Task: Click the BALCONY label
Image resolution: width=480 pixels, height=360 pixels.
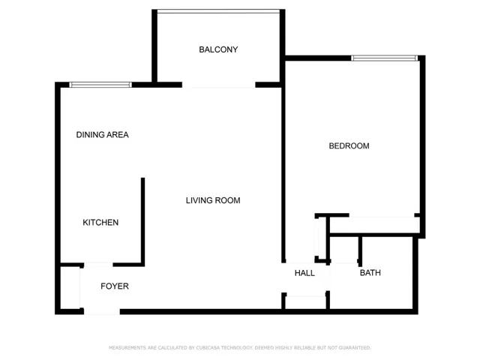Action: pos(218,49)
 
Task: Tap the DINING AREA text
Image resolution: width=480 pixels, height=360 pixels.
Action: pos(102,135)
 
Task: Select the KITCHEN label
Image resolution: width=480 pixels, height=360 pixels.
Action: pos(100,222)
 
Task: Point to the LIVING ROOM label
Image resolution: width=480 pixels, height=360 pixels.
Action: pos(213,200)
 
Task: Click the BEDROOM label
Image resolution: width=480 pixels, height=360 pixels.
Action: pos(349,145)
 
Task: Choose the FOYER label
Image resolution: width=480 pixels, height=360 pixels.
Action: pos(115,286)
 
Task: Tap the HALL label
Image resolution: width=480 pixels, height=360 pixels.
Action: pos(304,273)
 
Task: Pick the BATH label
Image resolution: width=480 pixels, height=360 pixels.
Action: pos(370,272)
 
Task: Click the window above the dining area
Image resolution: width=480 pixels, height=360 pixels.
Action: pos(100,85)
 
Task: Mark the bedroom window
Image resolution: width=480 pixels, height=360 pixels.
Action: pos(384,58)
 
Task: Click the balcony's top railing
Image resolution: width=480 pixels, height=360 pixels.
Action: pos(218,11)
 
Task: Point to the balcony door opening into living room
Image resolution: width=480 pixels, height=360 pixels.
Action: pos(218,85)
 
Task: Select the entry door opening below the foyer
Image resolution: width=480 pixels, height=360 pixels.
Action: pos(102,312)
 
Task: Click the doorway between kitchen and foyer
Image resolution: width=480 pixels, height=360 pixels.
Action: pos(98,265)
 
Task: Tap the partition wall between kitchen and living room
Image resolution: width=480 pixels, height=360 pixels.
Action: pos(142,220)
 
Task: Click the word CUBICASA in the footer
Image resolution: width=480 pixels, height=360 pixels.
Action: pos(208,348)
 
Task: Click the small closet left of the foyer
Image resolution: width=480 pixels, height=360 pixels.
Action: pos(70,288)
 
